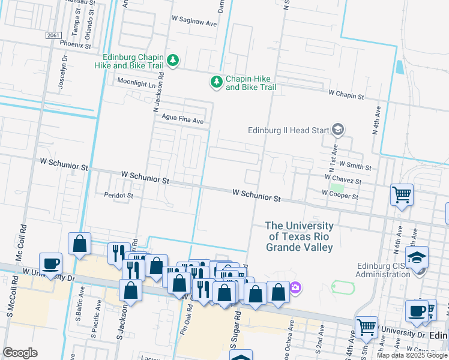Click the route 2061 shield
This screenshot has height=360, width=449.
pyautogui.click(x=53, y=35)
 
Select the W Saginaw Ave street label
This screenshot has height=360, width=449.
pyautogui.click(x=194, y=23)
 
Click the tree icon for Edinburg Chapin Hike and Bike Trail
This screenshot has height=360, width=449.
pyautogui.click(x=173, y=59)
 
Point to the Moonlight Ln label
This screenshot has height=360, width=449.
pyautogui.click(x=136, y=83)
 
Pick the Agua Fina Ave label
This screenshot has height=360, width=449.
pyautogui.click(x=179, y=121)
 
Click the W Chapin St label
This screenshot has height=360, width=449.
pyautogui.click(x=346, y=95)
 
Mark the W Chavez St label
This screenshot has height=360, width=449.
pyautogui.click(x=342, y=180)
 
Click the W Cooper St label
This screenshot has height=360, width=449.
pyautogui.click(x=340, y=196)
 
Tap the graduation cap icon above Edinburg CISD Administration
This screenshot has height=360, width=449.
pyautogui.click(x=416, y=256)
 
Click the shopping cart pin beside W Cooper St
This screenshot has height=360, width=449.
pyautogui.click(x=402, y=194)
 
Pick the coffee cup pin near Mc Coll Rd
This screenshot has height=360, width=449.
pyautogui.click(x=51, y=263)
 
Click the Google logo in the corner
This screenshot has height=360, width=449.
pyautogui.click(x=20, y=353)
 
